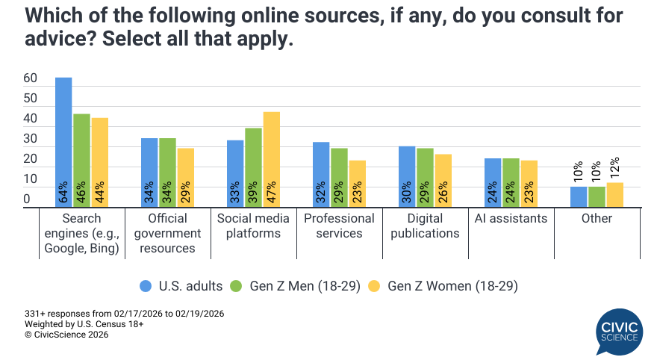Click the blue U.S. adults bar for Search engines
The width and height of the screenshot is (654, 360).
point(63,142)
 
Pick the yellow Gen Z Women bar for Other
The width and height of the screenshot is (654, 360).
point(614,195)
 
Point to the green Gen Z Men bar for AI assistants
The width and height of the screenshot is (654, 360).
point(511,183)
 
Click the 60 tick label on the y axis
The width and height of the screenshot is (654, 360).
point(30,78)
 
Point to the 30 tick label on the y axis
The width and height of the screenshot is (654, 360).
point(30,139)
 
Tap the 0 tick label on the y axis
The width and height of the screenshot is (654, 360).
point(27,199)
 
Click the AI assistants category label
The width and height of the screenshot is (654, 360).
point(511,219)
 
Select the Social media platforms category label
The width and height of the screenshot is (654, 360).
point(254,226)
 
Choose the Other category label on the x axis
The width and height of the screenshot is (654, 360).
point(597,219)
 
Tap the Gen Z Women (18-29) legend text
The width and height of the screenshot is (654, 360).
point(452,286)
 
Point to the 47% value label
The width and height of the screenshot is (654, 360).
point(272,191)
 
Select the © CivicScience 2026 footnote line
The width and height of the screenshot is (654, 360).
point(66,335)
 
